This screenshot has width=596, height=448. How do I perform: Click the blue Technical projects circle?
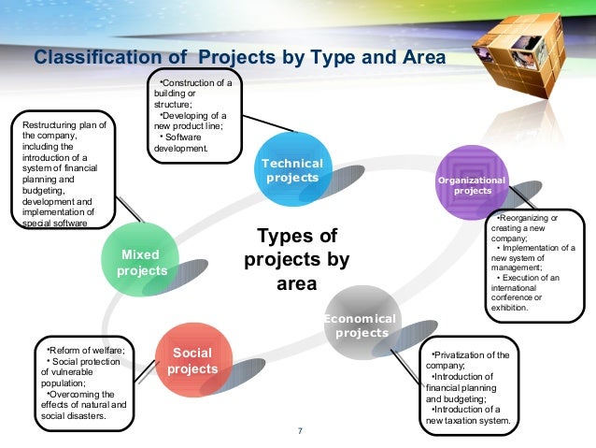292,171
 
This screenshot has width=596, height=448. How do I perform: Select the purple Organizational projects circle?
472,184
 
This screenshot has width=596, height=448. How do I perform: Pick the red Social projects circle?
192,361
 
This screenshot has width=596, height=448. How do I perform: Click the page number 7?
299,431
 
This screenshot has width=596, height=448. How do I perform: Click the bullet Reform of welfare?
88,350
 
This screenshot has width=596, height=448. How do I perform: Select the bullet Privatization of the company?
472,360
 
